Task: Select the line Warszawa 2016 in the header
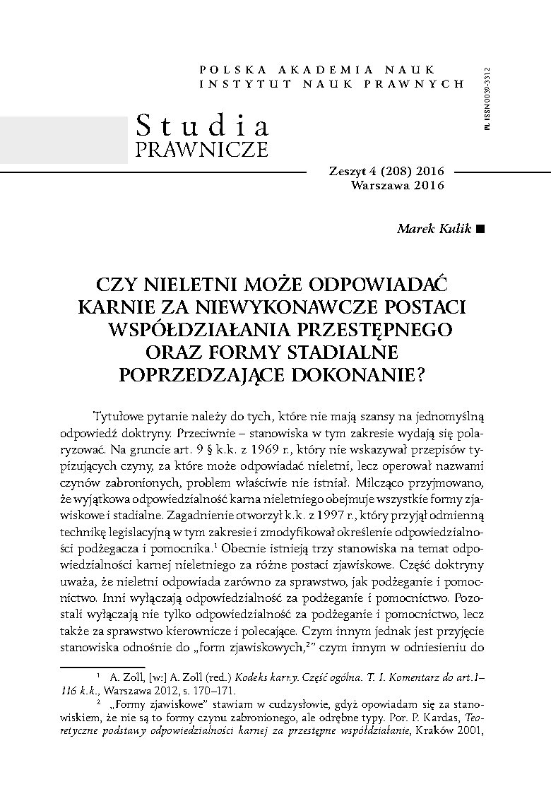click(x=397, y=185)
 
